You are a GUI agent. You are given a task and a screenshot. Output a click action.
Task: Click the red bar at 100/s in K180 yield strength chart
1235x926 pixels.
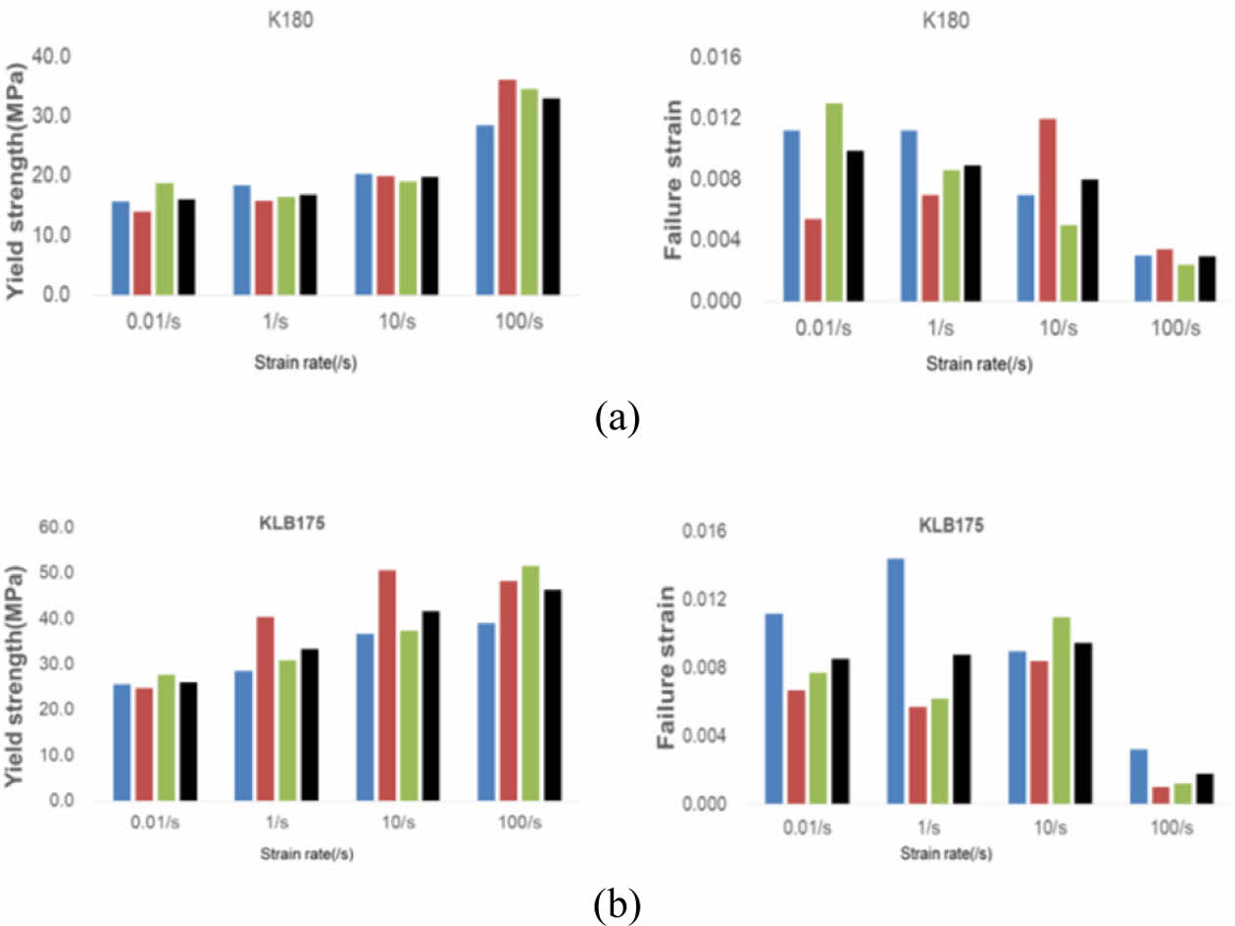(x=507, y=187)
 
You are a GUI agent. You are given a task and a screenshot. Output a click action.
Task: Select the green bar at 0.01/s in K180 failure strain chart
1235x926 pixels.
(x=833, y=202)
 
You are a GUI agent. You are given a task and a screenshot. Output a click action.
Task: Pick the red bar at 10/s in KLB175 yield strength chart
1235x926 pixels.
(x=386, y=685)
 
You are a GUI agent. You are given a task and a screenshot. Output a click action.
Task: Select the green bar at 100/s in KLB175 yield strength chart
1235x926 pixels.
(x=529, y=683)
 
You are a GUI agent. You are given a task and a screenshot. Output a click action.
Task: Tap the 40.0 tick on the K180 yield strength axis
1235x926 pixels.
(x=51, y=56)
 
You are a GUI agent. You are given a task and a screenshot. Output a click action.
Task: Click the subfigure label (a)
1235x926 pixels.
(x=617, y=418)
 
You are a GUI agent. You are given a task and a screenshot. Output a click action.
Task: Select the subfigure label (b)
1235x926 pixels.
(x=617, y=904)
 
